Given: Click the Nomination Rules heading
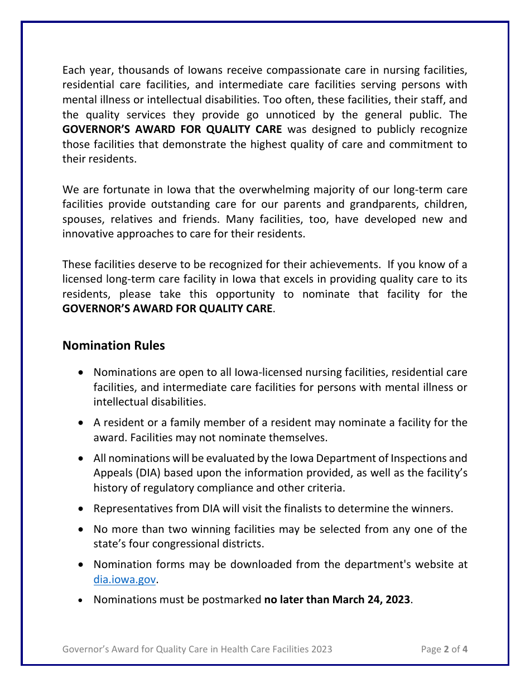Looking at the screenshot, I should pos(113,346).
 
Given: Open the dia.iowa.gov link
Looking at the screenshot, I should pos(124,580).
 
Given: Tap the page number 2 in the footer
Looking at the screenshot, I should pos(446,649).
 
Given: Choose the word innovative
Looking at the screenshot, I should pos(88,234).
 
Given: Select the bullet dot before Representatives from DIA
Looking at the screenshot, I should pos(82,509).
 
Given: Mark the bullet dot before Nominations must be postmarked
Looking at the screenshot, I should pos(82,600).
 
